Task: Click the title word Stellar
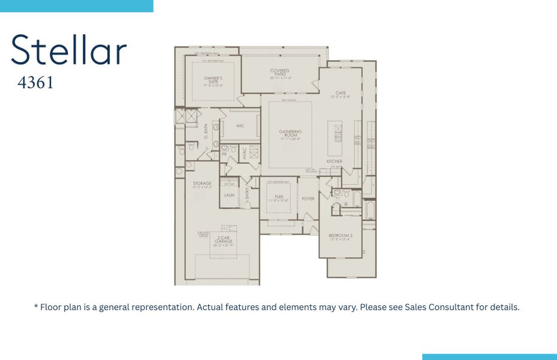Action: [69, 50]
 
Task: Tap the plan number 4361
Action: [35, 83]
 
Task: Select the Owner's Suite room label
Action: [213, 81]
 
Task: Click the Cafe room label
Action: [341, 94]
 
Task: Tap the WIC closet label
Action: [240, 126]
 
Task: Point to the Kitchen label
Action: [335, 162]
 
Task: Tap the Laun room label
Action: [229, 195]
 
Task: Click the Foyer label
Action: [308, 199]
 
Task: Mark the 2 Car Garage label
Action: [222, 241]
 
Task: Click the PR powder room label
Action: [224, 154]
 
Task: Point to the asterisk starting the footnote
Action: [36, 307]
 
